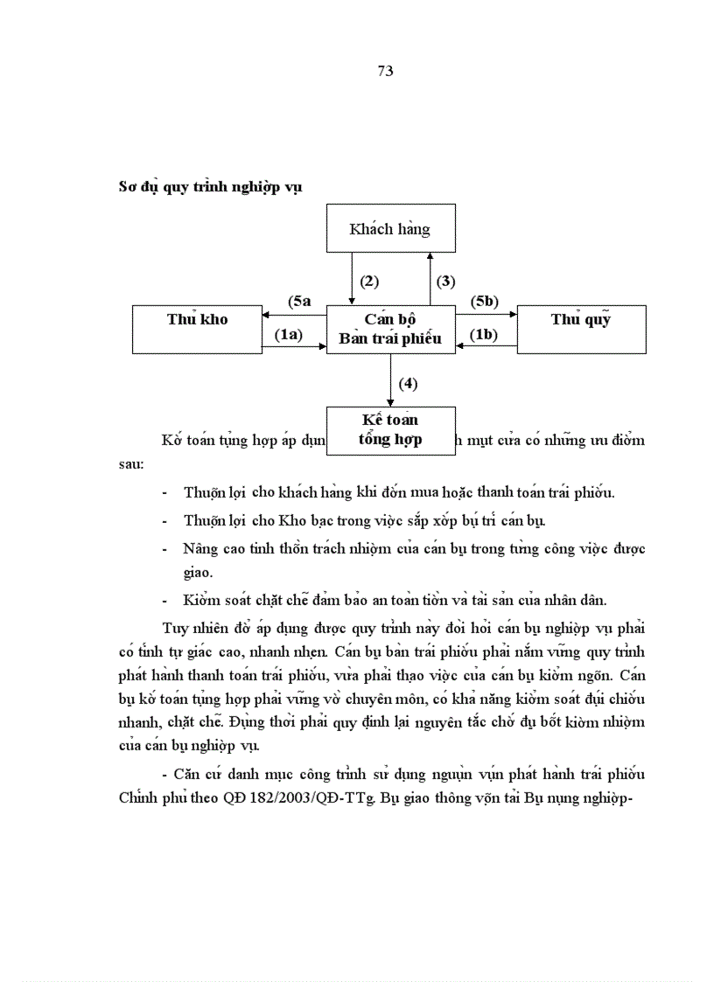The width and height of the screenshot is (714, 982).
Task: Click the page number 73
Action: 385,72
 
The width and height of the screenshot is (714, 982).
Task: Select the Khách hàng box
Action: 390,228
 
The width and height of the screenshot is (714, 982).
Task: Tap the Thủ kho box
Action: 197,329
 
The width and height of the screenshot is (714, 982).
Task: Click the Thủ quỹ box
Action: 581,329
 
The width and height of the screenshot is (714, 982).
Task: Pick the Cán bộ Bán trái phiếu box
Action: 390,329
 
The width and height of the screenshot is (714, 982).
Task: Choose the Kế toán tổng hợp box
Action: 390,429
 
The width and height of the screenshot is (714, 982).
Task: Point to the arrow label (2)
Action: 369,281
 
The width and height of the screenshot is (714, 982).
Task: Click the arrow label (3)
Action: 446,281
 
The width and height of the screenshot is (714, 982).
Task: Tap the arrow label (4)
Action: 408,383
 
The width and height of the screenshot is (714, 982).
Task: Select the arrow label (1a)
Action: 288,334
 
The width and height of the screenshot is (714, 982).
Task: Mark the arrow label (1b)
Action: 484,334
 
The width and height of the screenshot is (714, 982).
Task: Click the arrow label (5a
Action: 299,301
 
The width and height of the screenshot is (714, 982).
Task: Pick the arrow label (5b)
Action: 484,301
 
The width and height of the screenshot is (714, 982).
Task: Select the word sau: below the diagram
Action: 133,465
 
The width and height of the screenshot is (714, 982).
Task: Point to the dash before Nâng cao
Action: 165,549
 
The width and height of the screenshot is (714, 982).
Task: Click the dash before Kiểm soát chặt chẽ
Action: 165,600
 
